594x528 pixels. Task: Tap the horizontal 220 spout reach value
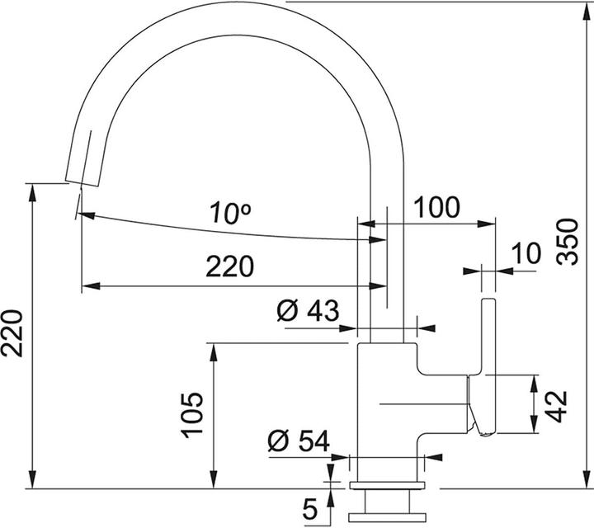[229, 266]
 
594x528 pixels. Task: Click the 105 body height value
[191, 414]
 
